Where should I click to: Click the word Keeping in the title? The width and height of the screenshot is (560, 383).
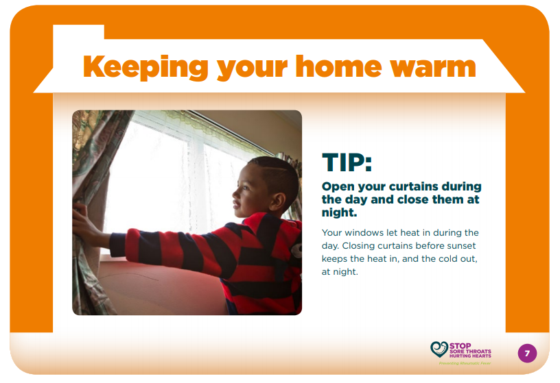(145, 67)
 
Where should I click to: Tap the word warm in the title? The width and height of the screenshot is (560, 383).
(433, 66)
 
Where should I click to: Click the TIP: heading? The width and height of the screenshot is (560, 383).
(347, 162)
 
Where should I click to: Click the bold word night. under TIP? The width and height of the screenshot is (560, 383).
(339, 213)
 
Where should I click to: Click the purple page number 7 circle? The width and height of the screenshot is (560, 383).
(527, 353)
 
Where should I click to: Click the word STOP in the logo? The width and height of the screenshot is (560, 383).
(460, 345)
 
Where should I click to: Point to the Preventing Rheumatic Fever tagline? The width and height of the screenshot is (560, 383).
(465, 363)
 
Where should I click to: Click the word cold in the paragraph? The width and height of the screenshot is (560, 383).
(446, 258)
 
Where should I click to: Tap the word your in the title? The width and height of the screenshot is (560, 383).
(252, 69)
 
